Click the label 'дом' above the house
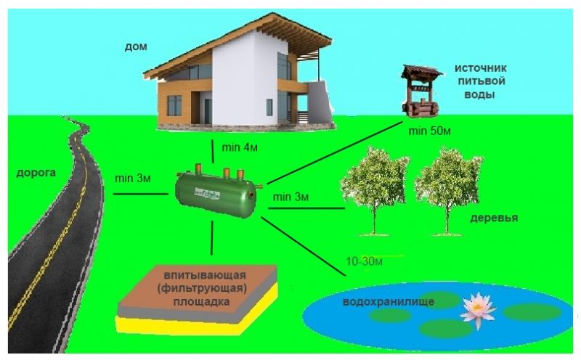tap(135, 46)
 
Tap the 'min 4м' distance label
tap(240, 149)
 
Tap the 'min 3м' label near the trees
tap(291, 197)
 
